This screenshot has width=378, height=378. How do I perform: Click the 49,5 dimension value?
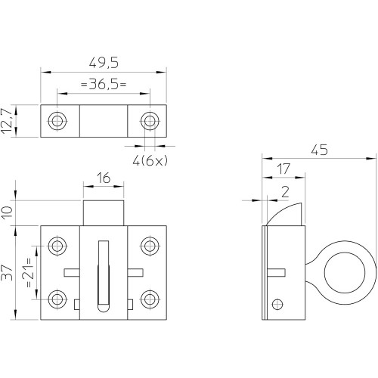(x=104, y=63)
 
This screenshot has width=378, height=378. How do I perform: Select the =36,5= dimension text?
(x=104, y=84)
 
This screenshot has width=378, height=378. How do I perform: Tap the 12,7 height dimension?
(x=7, y=121)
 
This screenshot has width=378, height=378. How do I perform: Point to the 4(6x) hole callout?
(x=150, y=160)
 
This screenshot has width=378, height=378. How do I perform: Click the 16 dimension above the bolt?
(x=104, y=178)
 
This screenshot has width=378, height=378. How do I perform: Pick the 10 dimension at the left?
(x=7, y=212)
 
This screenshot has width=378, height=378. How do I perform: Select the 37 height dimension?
(x=7, y=272)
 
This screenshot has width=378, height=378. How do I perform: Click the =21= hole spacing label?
(x=29, y=272)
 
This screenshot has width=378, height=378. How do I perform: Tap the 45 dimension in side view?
(x=319, y=150)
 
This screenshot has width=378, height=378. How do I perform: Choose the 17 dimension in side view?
(x=283, y=169)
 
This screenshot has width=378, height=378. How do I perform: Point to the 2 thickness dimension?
(x=285, y=192)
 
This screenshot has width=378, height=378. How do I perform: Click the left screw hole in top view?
(x=57, y=121)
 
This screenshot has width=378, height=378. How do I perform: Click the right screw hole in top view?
(x=150, y=121)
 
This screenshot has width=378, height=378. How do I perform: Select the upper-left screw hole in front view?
(x=57, y=246)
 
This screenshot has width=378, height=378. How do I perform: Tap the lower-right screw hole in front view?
(x=150, y=299)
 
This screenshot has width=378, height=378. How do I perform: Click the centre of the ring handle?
(x=345, y=272)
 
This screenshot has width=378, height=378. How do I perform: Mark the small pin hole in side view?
(x=277, y=304)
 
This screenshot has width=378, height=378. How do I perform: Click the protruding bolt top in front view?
(x=104, y=213)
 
